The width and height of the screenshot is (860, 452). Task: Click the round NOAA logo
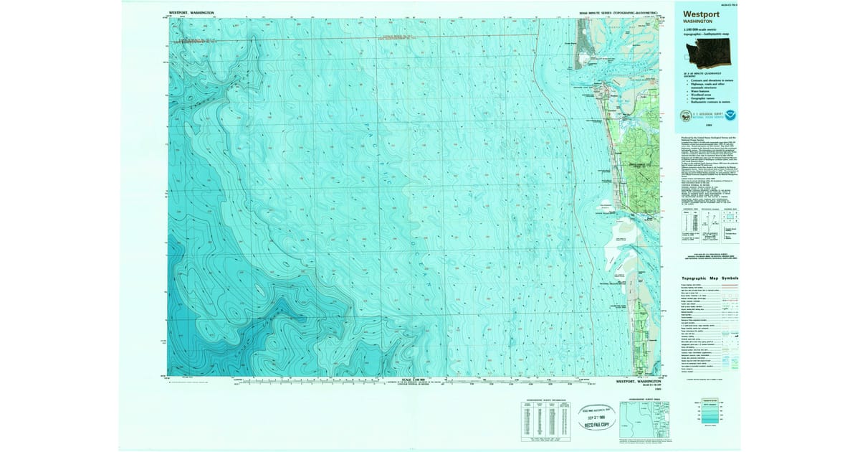pos(730,115)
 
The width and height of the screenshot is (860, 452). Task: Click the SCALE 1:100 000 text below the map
pos(415,379)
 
